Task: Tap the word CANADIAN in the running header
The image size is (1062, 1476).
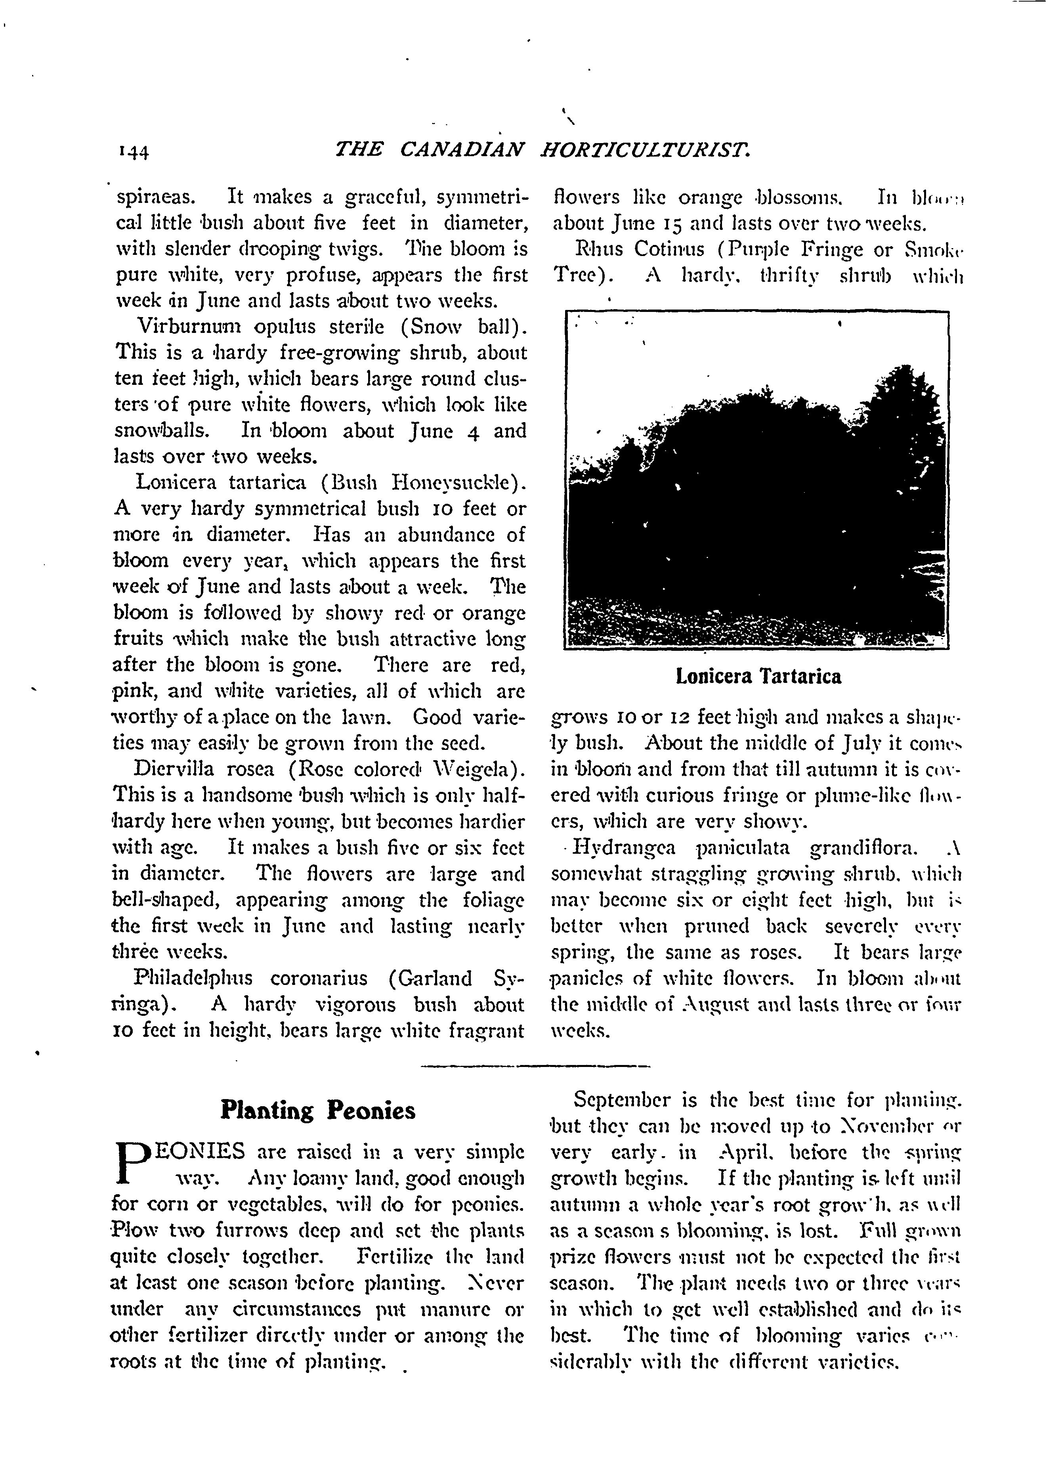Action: pos(461,150)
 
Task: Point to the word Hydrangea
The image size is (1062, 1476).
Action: pos(625,848)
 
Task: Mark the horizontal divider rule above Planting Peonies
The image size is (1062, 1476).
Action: pos(535,1066)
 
